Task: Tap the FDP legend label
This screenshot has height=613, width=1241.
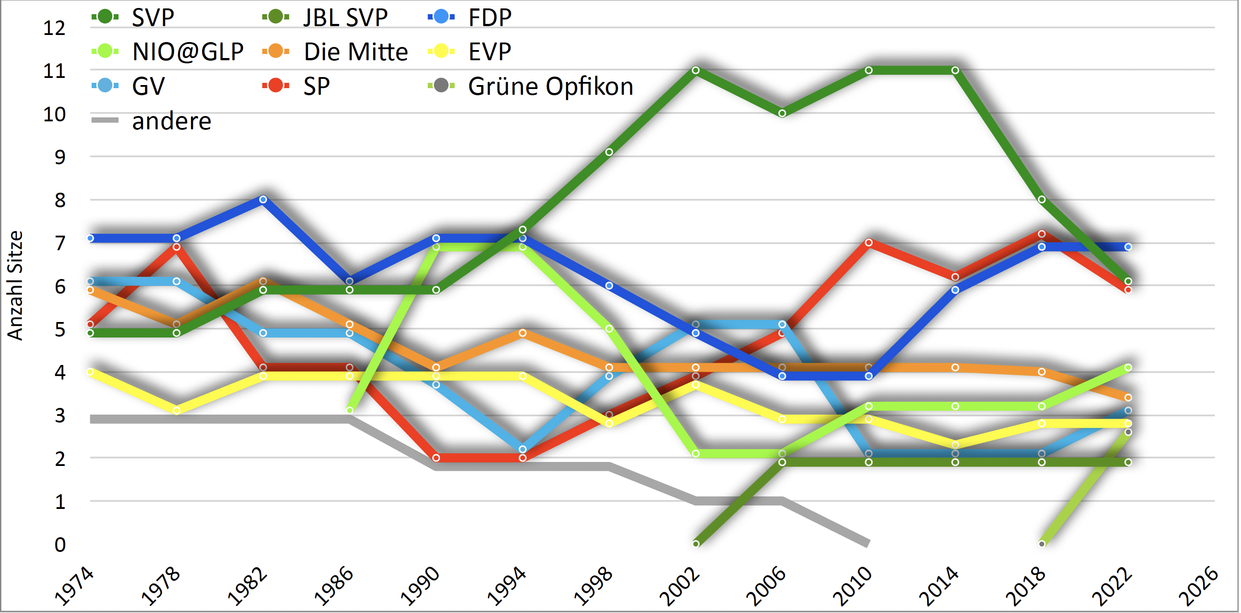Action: click(x=490, y=18)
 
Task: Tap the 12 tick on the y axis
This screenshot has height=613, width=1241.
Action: click(x=54, y=28)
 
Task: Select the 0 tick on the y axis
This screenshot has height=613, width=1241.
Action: click(x=60, y=544)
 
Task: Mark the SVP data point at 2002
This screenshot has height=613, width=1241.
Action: click(x=696, y=70)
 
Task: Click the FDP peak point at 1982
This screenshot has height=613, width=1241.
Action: click(x=263, y=199)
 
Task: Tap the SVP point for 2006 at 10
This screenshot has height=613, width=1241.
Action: click(x=782, y=113)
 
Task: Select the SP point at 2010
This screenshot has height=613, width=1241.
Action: click(x=869, y=243)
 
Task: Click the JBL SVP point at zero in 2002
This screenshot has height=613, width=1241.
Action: click(x=696, y=543)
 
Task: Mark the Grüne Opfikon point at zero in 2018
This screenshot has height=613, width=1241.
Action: click(x=1042, y=543)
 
